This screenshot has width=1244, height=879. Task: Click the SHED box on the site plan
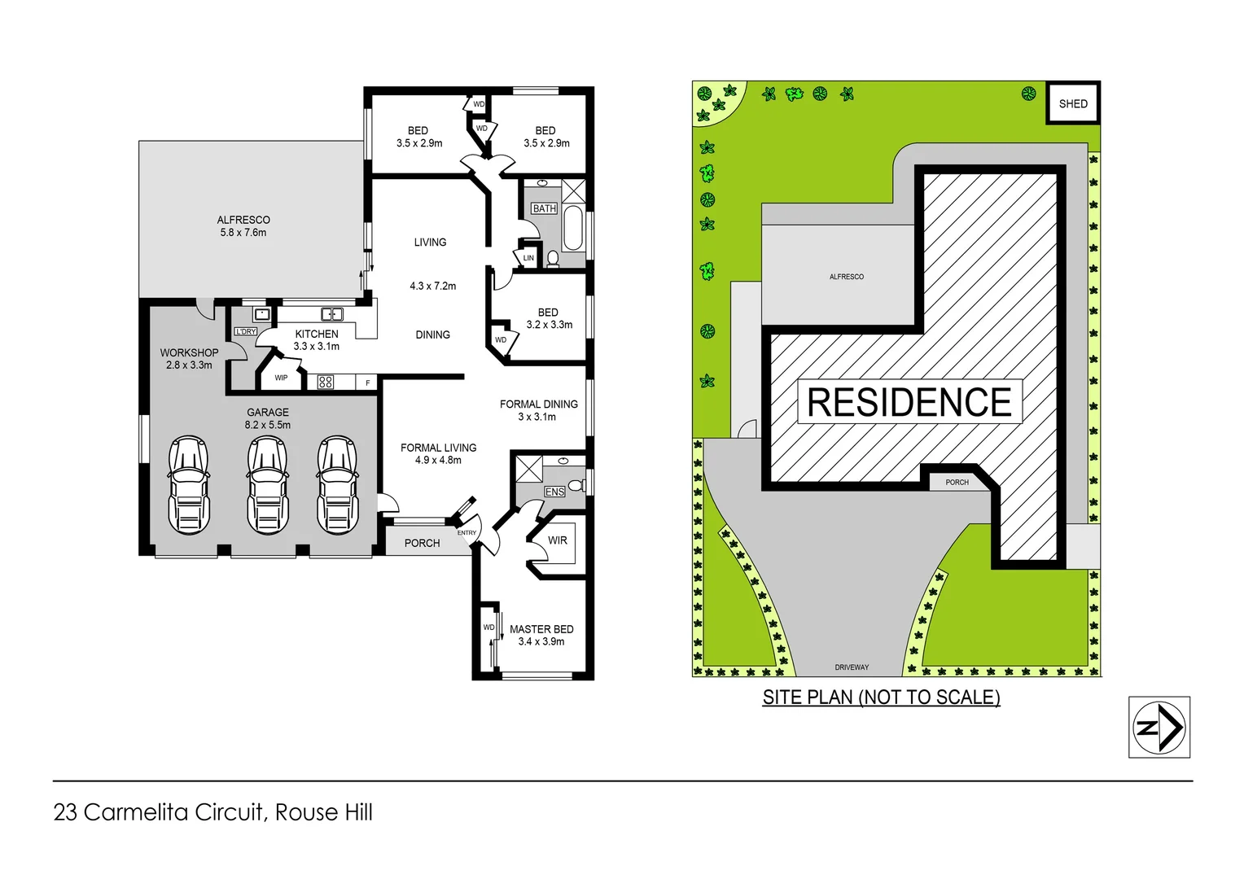click(1072, 103)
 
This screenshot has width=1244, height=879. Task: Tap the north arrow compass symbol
click(1159, 727)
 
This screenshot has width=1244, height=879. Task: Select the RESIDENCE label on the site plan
click(909, 402)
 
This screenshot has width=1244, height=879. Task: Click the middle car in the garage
click(268, 485)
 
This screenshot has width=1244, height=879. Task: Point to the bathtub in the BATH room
click(572, 228)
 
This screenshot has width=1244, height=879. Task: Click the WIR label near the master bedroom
click(558, 540)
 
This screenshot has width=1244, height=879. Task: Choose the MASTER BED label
click(541, 629)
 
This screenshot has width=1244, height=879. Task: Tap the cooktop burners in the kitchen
click(326, 382)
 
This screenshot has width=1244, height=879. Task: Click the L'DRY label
click(245, 331)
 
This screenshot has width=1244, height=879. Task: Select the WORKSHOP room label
click(189, 352)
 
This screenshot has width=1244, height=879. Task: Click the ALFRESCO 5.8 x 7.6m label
click(243, 226)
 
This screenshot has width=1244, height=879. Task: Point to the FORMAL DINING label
click(538, 405)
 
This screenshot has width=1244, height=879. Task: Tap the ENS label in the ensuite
click(554, 492)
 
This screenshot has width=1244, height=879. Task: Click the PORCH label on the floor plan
click(422, 543)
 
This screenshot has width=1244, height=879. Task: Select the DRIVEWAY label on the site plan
click(852, 667)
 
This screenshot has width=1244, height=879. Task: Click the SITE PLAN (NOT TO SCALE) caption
click(881, 698)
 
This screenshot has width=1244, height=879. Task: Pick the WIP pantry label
click(281, 378)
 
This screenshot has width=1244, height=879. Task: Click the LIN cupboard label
click(528, 258)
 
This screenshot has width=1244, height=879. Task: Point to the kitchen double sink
click(331, 314)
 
